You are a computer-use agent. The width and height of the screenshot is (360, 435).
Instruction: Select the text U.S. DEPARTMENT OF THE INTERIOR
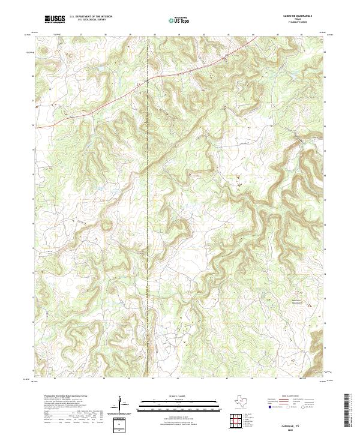(x=91, y=16)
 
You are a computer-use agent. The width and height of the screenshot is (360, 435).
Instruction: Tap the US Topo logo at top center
(x=180, y=19)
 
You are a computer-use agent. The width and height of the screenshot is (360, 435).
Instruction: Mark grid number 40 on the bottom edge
(x=154, y=379)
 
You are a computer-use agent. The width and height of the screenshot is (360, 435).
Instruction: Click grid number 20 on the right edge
(x=325, y=127)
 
